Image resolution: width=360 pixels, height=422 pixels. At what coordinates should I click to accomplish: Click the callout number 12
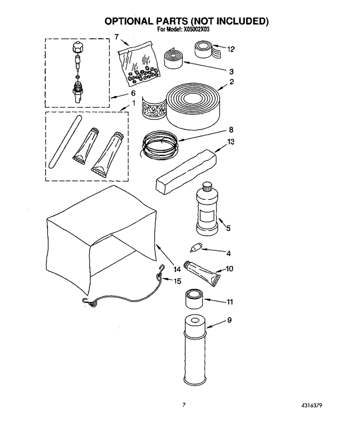point(230,49)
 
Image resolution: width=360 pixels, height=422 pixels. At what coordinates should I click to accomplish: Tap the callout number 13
point(230,142)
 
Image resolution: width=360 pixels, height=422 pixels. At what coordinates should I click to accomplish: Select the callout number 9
point(229,320)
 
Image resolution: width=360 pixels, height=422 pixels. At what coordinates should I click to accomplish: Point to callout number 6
point(133,93)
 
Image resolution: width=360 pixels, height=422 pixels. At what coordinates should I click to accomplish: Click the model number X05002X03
point(196,30)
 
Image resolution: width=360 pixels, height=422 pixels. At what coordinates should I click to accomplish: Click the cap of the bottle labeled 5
point(207,187)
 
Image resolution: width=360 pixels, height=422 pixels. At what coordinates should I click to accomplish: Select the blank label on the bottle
point(207,216)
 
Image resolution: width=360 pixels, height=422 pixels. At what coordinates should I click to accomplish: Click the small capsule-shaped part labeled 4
point(196,247)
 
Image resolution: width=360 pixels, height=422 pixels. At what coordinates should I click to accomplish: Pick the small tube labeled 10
point(201,274)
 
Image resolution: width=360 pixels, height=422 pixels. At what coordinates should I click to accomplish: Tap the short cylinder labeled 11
point(194,299)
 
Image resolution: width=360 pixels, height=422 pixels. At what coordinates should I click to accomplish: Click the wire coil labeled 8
point(160,146)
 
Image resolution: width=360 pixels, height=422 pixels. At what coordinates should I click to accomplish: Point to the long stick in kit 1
point(65,142)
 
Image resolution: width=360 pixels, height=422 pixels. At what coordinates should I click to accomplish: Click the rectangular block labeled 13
point(186,172)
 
